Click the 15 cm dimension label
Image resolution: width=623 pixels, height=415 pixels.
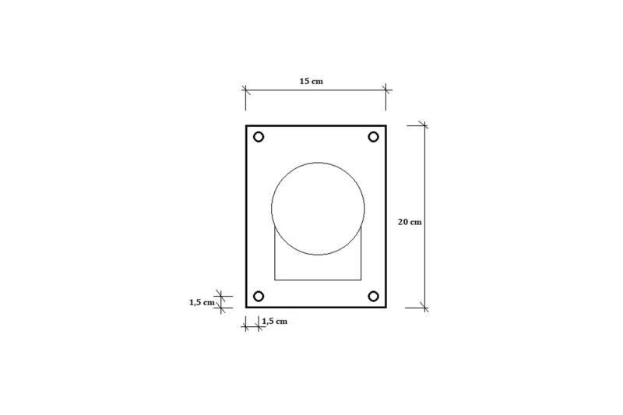tap(311, 82)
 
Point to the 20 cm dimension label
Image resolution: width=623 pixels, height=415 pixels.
tap(410, 222)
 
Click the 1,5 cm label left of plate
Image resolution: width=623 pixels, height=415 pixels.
tap(202, 303)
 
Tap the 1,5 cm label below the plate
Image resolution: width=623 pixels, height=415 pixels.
tap(275, 322)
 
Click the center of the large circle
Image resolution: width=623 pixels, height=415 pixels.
tap(318, 209)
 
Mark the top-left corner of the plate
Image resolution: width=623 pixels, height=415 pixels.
tap(246, 126)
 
